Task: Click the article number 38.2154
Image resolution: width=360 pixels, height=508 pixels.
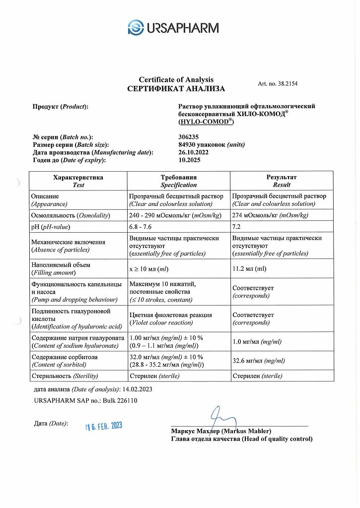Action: pyautogui.click(x=278, y=84)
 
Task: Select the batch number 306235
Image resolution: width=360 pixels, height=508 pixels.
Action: pyautogui.click(x=188, y=137)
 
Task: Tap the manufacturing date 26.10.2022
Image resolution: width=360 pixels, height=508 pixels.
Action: pyautogui.click(x=193, y=152)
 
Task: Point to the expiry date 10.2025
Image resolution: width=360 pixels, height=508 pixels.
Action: pyautogui.click(x=188, y=160)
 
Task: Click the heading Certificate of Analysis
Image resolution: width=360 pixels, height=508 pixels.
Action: pyautogui.click(x=176, y=79)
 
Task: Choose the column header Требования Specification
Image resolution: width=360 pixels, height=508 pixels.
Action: pyautogui.click(x=178, y=181)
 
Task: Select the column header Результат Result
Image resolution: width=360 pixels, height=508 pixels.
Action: pyautogui.click(x=281, y=181)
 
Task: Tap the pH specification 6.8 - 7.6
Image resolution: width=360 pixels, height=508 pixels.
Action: pyautogui.click(x=142, y=227)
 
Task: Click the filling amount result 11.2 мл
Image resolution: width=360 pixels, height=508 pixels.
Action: pyautogui.click(x=249, y=269)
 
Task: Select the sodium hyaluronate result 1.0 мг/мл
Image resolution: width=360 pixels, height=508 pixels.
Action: pyautogui.click(x=257, y=342)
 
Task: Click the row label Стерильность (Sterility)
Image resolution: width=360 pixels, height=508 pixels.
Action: pyautogui.click(x=65, y=376)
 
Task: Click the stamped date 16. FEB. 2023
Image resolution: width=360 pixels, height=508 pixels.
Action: pyautogui.click(x=103, y=426)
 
